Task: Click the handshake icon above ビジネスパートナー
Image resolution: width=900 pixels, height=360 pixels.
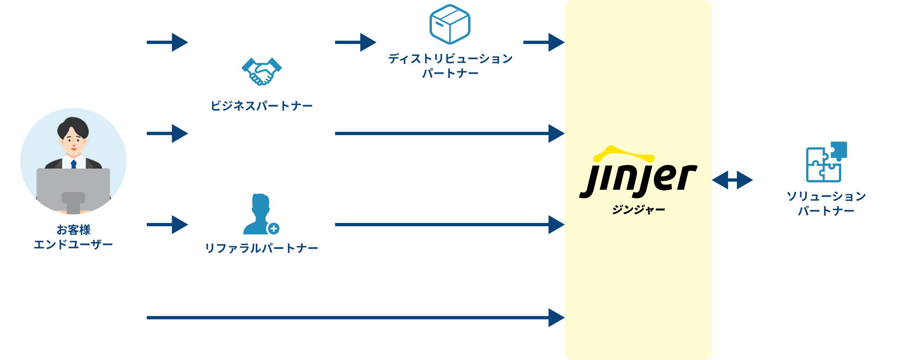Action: click(261, 71)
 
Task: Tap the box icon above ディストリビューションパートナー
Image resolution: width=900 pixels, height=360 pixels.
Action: click(450, 24)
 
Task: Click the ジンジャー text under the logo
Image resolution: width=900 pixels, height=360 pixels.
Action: click(638, 210)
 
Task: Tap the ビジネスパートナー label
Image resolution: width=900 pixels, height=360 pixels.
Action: click(261, 106)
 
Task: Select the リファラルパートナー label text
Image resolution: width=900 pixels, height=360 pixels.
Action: click(261, 248)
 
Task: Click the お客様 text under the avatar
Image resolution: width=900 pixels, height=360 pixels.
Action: click(74, 230)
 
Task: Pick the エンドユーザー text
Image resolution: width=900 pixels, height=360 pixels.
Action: click(74, 245)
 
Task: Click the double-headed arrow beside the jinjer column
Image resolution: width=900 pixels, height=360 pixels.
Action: click(732, 180)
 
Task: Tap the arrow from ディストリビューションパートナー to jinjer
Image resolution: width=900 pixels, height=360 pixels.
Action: click(544, 42)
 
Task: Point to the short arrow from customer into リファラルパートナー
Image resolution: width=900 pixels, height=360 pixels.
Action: click(168, 225)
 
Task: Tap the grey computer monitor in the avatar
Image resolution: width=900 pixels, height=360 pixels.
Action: click(73, 188)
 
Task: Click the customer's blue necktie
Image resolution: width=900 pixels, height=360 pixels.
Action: click(74, 164)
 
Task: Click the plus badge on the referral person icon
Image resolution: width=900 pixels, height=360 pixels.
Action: click(274, 229)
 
